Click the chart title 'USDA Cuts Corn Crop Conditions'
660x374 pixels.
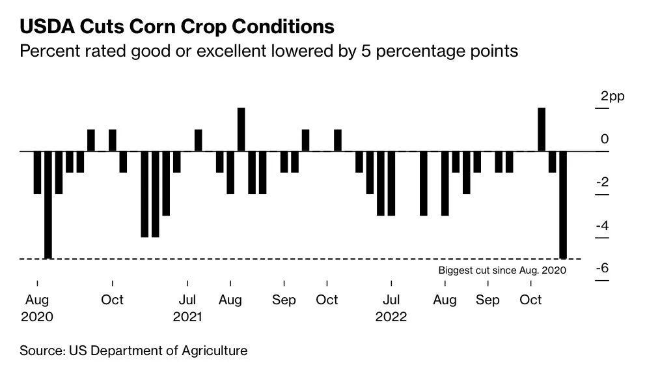tap(177, 27)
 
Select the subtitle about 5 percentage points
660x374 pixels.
tap(269, 51)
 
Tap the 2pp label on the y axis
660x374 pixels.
tap(612, 96)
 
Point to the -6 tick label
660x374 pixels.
tap(603, 268)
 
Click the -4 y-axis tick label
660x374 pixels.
tap(603, 225)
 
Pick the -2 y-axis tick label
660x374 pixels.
tap(603, 182)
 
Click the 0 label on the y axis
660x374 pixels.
tap(605, 139)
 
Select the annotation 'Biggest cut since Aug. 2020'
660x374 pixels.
tap(502, 270)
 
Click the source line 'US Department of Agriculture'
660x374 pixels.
tap(133, 351)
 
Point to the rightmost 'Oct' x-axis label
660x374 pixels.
tap(531, 300)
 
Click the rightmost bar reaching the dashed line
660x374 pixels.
tap(563, 205)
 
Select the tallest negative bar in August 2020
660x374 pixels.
tap(48, 205)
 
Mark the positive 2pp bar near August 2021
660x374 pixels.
tap(241, 129)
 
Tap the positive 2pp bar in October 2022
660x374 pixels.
tap(542, 129)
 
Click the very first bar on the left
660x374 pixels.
tap(37, 172)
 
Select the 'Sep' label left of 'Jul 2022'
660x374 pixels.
tap(284, 300)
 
